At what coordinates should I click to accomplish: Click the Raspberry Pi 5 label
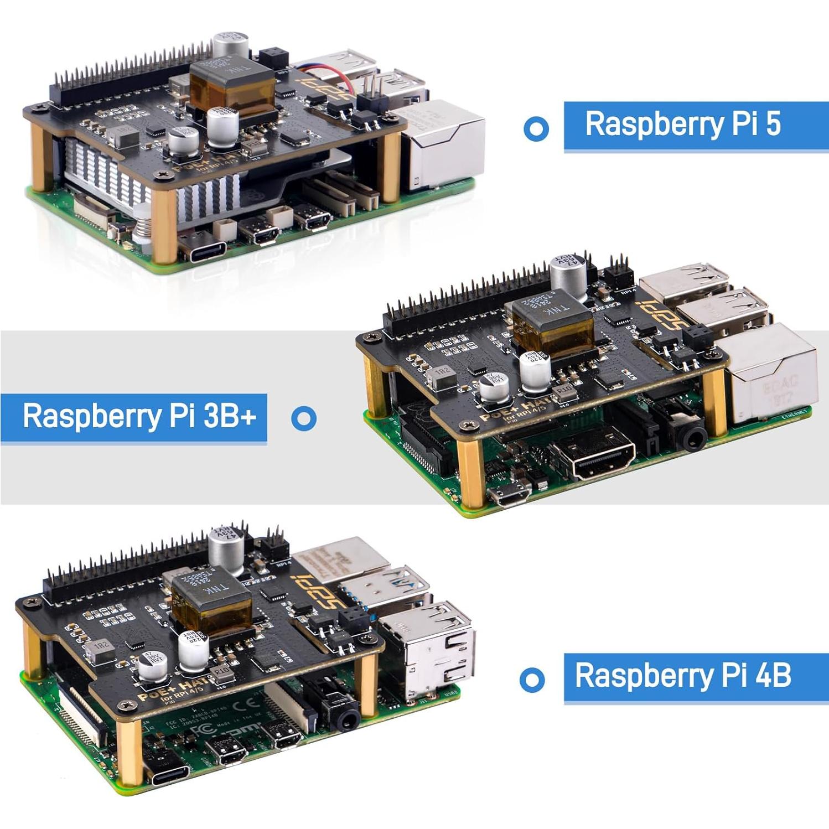click(683, 124)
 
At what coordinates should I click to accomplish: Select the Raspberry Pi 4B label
click(683, 676)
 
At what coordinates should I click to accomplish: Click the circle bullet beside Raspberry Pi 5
click(536, 129)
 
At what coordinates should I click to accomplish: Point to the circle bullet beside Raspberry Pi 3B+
click(304, 418)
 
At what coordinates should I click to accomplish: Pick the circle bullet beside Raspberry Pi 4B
click(532, 679)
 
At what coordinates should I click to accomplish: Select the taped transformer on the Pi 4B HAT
click(213, 603)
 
